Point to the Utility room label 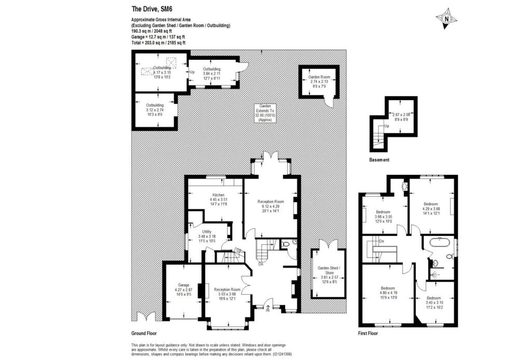pos(206,237)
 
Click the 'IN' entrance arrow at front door pos(268,310)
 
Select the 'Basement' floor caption pos(379,160)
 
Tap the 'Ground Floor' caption pos(144,333)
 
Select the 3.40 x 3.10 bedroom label pos(435,302)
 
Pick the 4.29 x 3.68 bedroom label pos(431,208)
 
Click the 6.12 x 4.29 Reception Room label pos(271,205)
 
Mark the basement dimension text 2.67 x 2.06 pos(401,117)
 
